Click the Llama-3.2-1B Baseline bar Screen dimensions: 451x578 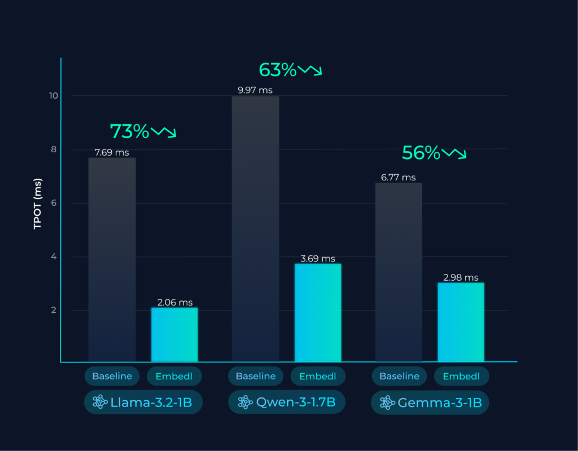(x=112, y=259)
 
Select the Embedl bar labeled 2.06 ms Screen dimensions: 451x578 (x=174, y=334)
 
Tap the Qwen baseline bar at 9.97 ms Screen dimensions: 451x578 (x=256, y=228)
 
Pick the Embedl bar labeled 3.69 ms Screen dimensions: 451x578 (x=318, y=312)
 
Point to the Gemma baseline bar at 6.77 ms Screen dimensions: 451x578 (x=399, y=272)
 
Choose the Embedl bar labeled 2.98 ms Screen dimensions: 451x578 (x=461, y=322)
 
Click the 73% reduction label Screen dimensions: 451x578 (x=129, y=131)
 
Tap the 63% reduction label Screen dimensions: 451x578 (x=277, y=70)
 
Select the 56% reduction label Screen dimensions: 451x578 (x=421, y=153)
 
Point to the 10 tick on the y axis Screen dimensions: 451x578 (x=53, y=96)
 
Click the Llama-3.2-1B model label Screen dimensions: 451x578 (x=143, y=402)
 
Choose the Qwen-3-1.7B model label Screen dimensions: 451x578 (x=287, y=402)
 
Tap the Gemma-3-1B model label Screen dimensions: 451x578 (x=430, y=403)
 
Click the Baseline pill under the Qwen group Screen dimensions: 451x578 (x=256, y=376)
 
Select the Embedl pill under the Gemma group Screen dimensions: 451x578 (x=461, y=376)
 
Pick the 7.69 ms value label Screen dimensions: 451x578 (x=112, y=152)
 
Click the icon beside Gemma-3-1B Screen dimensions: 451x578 (x=387, y=403)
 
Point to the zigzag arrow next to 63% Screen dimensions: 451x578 (x=310, y=70)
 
